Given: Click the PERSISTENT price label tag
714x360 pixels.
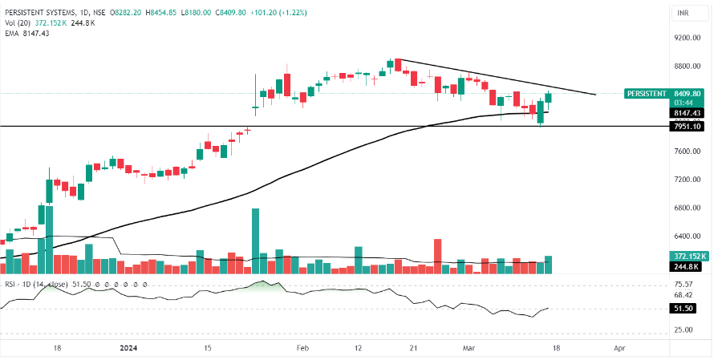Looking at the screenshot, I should click(647, 93).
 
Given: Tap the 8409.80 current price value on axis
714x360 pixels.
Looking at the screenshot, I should click(689, 93).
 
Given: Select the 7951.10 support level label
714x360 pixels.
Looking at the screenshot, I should click(688, 127).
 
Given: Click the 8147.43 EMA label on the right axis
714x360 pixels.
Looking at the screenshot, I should click(688, 114).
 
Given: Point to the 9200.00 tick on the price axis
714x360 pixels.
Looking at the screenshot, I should click(688, 38).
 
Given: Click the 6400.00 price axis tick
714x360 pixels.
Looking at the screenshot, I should click(688, 237).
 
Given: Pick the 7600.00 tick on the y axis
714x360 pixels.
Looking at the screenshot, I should click(688, 152).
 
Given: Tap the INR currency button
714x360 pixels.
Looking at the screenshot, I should click(684, 14).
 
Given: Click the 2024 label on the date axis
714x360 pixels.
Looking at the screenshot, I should click(128, 349).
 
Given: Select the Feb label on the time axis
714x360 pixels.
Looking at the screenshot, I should click(302, 349).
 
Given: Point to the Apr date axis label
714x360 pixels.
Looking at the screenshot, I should click(619, 349).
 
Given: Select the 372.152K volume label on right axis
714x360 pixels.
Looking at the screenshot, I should click(688, 256).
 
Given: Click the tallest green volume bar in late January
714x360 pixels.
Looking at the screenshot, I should click(256, 241).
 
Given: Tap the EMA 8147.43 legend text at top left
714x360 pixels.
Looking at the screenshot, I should click(26, 33).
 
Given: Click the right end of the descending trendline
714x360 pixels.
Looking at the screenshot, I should click(594, 95).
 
